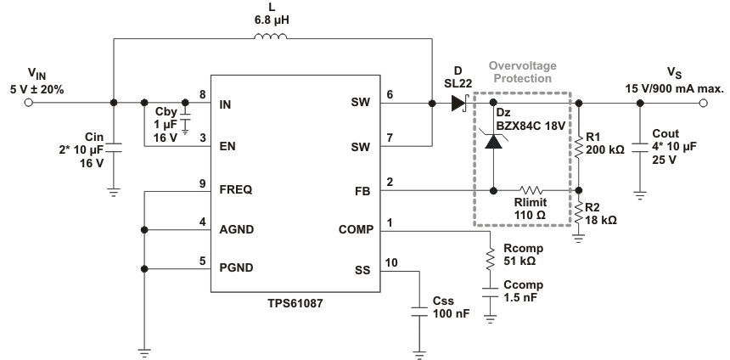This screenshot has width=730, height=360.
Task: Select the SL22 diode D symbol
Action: click(459, 104)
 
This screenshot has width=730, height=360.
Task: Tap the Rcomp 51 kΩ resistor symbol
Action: click(489, 258)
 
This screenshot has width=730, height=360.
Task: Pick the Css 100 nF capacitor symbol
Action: click(419, 312)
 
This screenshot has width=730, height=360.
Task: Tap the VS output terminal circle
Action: click(702, 104)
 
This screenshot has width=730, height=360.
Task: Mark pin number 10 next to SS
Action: click(390, 262)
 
